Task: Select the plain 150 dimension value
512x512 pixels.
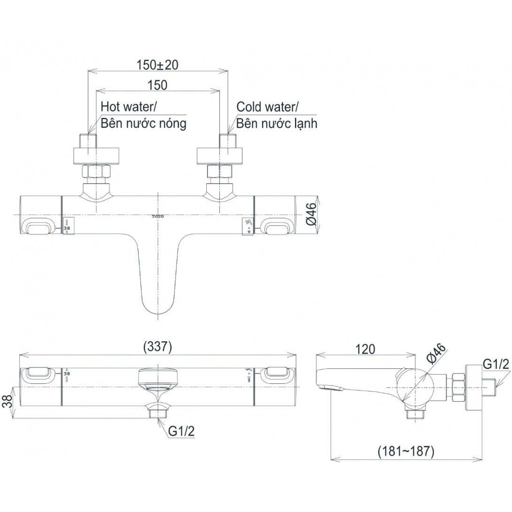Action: click(157, 85)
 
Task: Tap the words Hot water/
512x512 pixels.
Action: click(129, 107)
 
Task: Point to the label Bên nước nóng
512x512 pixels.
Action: click(143, 124)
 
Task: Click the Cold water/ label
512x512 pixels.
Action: click(266, 107)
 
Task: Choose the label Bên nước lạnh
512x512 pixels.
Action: click(277, 124)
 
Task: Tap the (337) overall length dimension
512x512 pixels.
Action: click(157, 347)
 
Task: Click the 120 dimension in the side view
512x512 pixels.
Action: click(365, 349)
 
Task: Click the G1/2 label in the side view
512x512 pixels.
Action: click(496, 364)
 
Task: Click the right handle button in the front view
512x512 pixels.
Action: click(278, 227)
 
